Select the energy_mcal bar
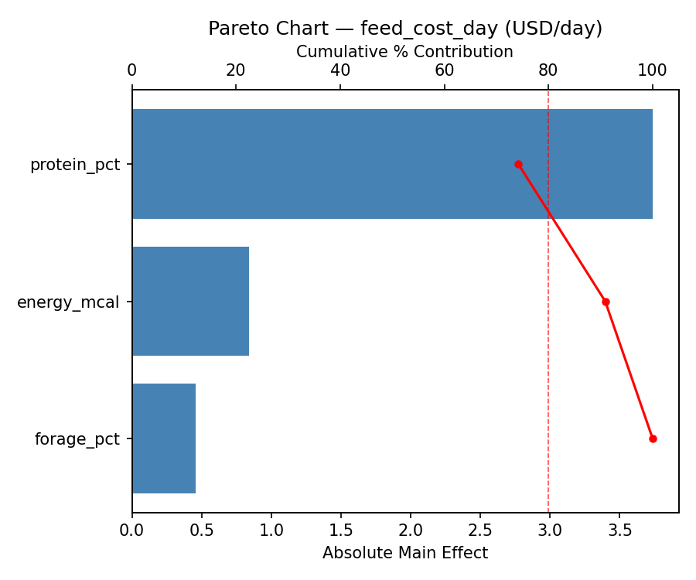pyautogui.click(x=190, y=302)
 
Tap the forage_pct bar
pyautogui.click(x=164, y=438)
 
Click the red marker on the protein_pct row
pyautogui.click(x=518, y=164)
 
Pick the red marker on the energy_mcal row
pyautogui.click(x=606, y=302)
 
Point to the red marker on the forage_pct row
pyautogui.click(x=653, y=438)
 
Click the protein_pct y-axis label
pyautogui.click(x=75, y=165)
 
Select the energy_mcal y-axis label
pyautogui.click(x=68, y=302)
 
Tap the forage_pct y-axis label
pyautogui.click(x=77, y=439)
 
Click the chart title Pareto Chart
pyautogui.click(x=404, y=29)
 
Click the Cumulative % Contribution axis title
pyautogui.click(x=404, y=52)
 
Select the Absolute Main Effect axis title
pyautogui.click(x=404, y=553)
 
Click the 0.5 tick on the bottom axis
pyautogui.click(x=202, y=531)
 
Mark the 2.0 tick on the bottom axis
pyautogui.click(x=411, y=531)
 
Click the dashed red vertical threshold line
pyautogui.click(x=548, y=348)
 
